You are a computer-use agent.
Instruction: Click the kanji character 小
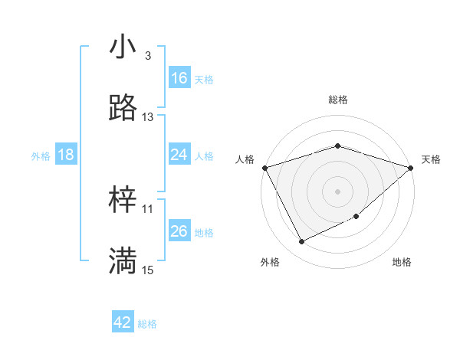click(x=123, y=47)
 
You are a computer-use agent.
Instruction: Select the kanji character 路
click(x=123, y=108)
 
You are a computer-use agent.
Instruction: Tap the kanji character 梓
click(x=123, y=200)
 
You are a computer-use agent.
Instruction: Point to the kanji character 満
click(x=123, y=260)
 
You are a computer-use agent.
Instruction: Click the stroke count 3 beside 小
click(x=147, y=57)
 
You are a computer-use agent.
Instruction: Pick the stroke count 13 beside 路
click(x=148, y=117)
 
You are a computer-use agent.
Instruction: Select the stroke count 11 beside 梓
click(x=148, y=208)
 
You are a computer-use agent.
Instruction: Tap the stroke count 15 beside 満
click(x=148, y=270)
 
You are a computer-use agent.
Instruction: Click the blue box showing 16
click(x=179, y=78)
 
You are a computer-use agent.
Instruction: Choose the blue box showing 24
click(x=179, y=155)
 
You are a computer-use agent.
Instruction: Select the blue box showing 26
click(x=179, y=231)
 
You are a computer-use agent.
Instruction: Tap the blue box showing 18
click(x=66, y=155)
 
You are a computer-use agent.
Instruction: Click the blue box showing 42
click(x=123, y=322)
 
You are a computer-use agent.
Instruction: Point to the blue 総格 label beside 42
click(x=147, y=324)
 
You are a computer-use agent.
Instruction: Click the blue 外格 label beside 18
click(x=41, y=156)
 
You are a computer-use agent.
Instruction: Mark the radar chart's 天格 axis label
click(x=431, y=159)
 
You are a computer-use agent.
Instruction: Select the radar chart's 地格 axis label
click(x=402, y=262)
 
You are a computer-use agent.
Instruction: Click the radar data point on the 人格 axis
click(x=264, y=167)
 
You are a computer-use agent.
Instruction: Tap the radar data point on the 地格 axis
click(x=356, y=217)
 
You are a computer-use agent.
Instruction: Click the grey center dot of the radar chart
click(x=337, y=191)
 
